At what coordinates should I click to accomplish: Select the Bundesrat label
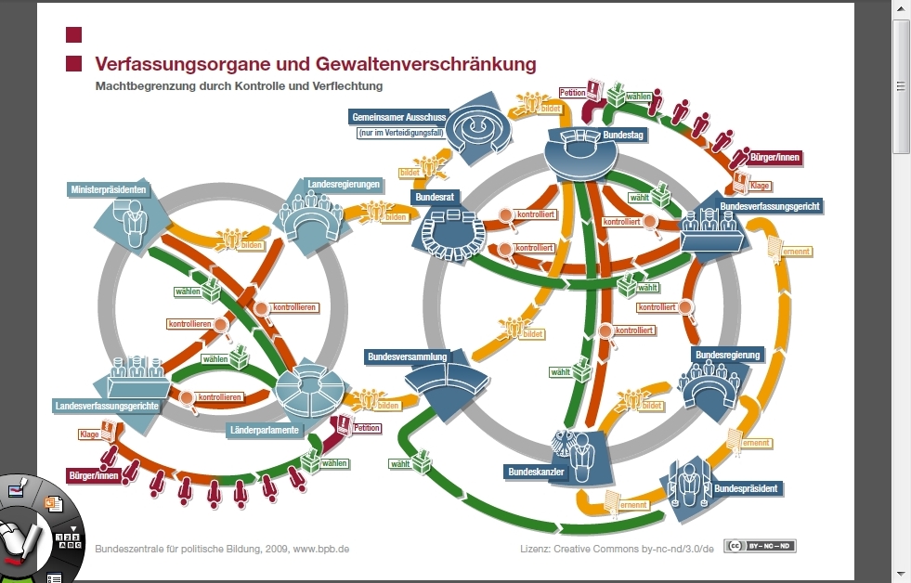434,198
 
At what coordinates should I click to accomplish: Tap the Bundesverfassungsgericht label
770,206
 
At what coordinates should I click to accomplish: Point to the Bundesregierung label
727,355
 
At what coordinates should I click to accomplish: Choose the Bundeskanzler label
536,473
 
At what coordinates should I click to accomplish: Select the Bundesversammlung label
408,356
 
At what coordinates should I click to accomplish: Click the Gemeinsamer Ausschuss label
399,117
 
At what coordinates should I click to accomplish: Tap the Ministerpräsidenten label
109,190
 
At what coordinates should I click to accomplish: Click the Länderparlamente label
264,431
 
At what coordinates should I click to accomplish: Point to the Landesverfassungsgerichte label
107,406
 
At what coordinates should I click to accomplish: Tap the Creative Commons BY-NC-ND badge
760,546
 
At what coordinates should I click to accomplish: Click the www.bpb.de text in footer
321,549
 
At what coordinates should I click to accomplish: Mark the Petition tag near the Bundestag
572,93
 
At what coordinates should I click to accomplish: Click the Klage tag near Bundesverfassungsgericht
760,186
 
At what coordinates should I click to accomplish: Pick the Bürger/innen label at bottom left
94,476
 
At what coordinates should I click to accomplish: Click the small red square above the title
74,35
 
